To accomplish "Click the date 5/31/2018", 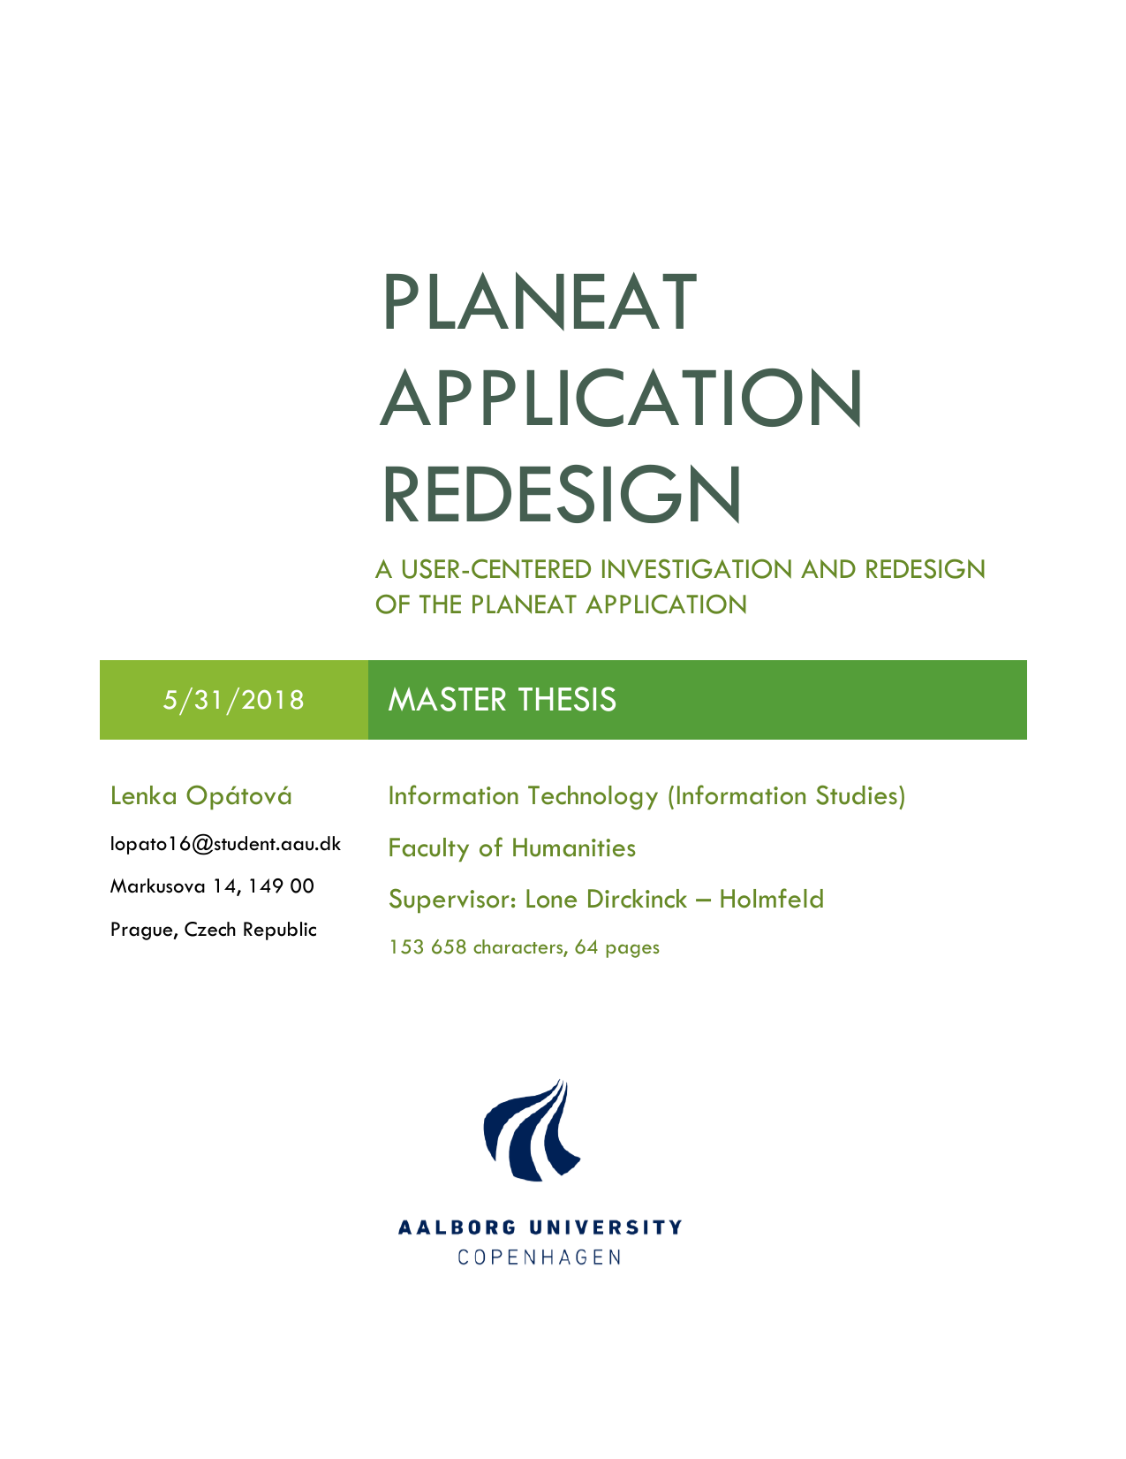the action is pos(233,700).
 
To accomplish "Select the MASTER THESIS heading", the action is pos(502,700).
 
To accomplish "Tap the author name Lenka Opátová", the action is pos(201,795).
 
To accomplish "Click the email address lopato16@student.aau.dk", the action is pos(225,844).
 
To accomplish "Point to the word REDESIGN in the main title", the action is pos(562,495).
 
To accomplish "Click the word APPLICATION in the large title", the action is pos(622,399).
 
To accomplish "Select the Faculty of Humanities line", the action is pos(512,848).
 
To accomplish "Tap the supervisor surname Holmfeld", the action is pos(771,899).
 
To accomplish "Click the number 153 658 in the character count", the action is pos(427,946).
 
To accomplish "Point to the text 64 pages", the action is pos(616,947).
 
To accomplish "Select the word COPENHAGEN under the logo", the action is pos(540,1257).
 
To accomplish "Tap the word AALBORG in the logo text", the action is pos(457,1227).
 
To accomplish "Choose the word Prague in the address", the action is pos(144,930).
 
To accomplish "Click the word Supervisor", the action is pos(452,899).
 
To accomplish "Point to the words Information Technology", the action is pos(523,796).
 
